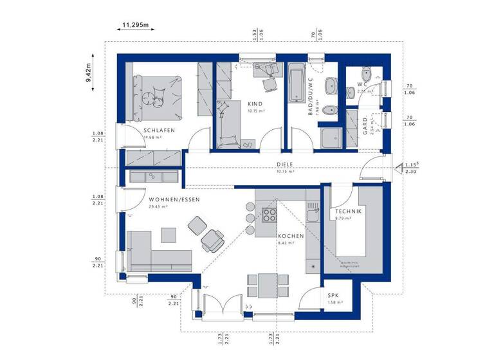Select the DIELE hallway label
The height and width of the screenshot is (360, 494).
pyautogui.click(x=285, y=164)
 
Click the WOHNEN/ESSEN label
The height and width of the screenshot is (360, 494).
pyautogui.click(x=174, y=200)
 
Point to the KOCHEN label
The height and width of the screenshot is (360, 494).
pyautogui.click(x=290, y=236)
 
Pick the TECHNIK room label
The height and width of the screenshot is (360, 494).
pyautogui.click(x=348, y=212)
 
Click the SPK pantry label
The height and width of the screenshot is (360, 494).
pyautogui.click(x=333, y=294)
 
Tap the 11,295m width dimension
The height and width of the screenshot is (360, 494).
pyautogui.click(x=135, y=25)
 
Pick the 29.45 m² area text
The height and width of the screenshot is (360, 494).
pyautogui.click(x=158, y=207)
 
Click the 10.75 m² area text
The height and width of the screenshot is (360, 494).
pyautogui.click(x=285, y=172)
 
